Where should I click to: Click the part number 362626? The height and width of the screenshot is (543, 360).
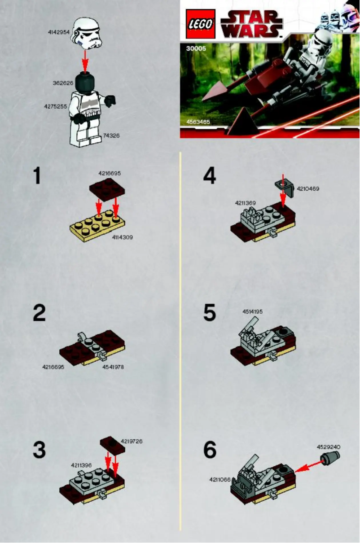point(62,83)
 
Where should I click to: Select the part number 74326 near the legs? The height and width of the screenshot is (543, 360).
point(111,135)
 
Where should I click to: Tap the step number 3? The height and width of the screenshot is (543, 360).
point(40,450)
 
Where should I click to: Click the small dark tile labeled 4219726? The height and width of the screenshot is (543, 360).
point(110,442)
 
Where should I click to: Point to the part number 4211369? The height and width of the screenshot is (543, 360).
point(245,203)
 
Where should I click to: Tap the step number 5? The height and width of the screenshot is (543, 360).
point(210,313)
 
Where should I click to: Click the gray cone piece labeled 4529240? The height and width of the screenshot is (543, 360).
point(330,458)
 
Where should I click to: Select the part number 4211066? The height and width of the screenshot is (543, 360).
point(220,479)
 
